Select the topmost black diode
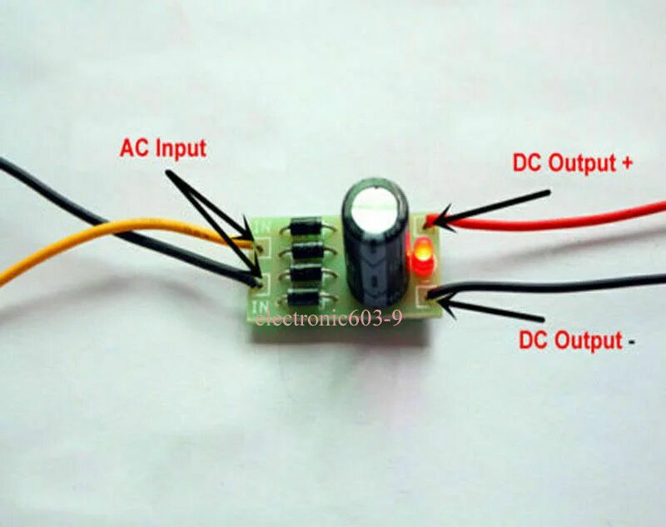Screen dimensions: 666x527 click(306, 225)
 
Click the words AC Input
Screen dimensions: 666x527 click(162, 149)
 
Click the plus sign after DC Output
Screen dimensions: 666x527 click(626, 163)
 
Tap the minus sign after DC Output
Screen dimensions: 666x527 click(634, 341)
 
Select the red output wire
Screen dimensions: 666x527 click(566, 221)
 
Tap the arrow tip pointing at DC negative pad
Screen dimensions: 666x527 click(441, 301)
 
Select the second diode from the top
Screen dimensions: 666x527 click(306, 250)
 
